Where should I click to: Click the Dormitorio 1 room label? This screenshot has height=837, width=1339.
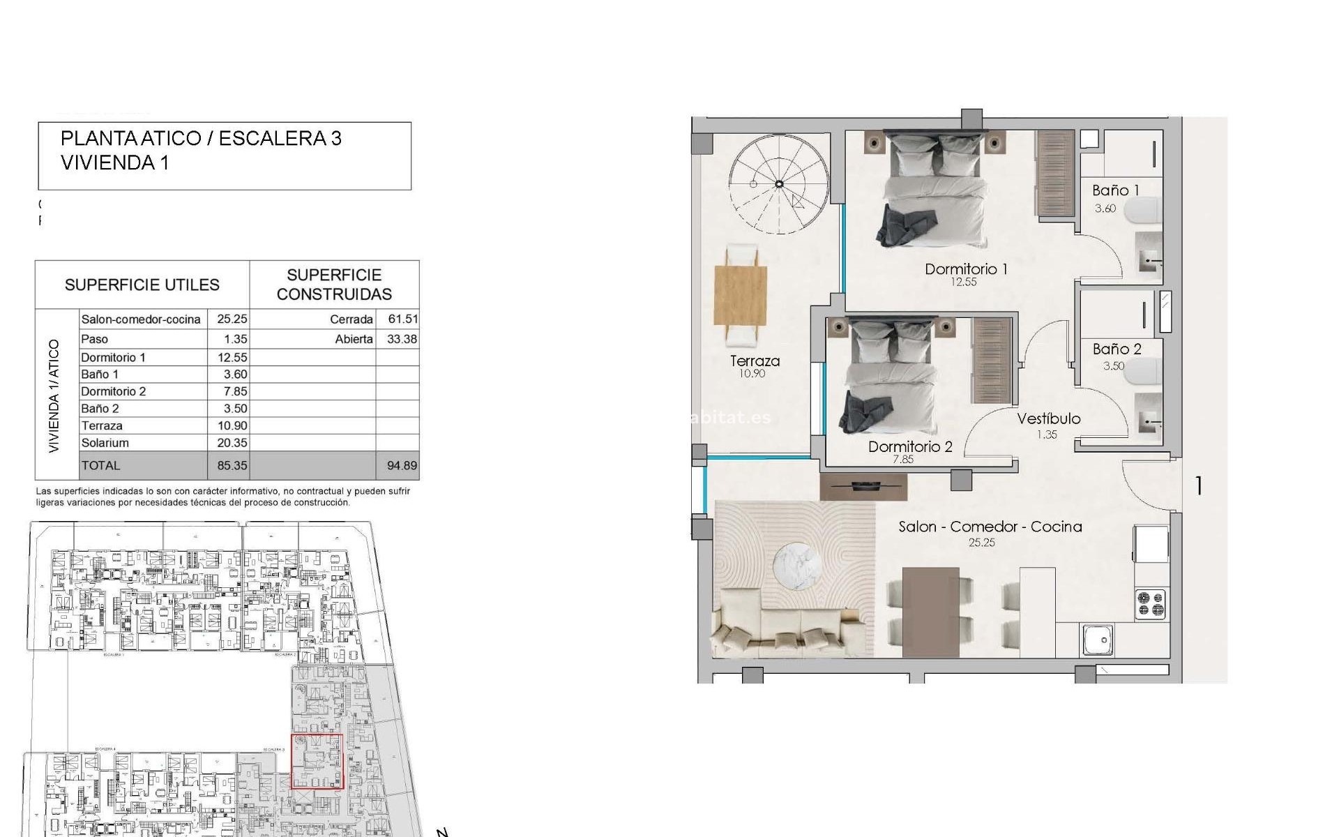(x=965, y=269)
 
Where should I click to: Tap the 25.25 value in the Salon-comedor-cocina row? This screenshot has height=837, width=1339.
(x=232, y=319)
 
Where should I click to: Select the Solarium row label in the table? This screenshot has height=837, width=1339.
(x=105, y=443)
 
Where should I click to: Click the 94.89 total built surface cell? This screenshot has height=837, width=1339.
(x=402, y=466)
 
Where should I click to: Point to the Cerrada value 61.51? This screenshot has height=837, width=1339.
(x=403, y=319)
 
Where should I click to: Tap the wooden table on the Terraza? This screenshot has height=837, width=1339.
(x=741, y=296)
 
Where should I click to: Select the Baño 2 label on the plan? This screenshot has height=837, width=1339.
(x=1117, y=349)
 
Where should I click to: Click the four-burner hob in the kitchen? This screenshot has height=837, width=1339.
(x=1150, y=604)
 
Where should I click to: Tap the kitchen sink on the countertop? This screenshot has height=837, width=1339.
(x=1098, y=640)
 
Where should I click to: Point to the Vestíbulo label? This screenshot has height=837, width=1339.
(x=1048, y=418)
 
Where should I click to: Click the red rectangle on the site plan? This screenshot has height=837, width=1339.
(x=317, y=761)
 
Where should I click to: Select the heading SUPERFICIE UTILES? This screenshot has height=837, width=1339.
(x=142, y=285)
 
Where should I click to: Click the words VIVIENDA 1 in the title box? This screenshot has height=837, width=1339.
(x=115, y=163)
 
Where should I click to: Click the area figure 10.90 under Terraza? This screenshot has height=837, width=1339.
(x=752, y=374)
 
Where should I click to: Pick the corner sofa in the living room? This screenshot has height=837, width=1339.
(x=781, y=631)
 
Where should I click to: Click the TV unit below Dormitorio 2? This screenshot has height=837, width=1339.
(x=863, y=486)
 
